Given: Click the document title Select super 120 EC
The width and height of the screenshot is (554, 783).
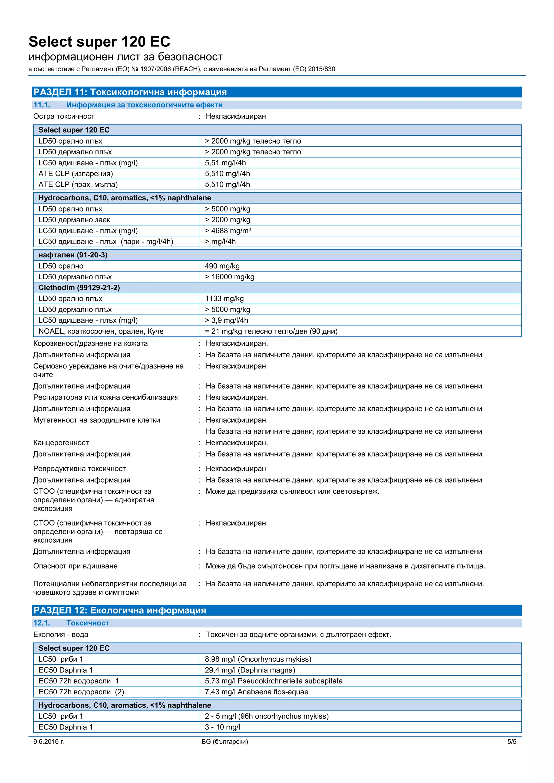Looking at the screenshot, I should click(99, 42).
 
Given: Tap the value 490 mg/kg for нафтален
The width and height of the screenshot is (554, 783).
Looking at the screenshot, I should click(222, 266).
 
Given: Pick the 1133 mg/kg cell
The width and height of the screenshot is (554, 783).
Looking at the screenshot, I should click(224, 299).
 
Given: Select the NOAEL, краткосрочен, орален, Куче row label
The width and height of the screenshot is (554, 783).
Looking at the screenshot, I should click(101, 331).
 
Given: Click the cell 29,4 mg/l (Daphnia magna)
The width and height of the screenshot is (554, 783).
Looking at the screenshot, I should click(250, 670).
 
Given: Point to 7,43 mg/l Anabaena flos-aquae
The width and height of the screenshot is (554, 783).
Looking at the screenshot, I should click(256, 692).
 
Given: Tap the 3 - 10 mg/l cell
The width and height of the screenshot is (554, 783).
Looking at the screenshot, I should click(222, 727).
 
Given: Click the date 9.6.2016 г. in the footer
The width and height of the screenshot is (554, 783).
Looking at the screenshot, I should click(49, 742).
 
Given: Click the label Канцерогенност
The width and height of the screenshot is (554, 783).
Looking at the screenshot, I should click(61, 443).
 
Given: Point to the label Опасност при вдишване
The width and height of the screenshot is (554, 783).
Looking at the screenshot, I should click(75, 566).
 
